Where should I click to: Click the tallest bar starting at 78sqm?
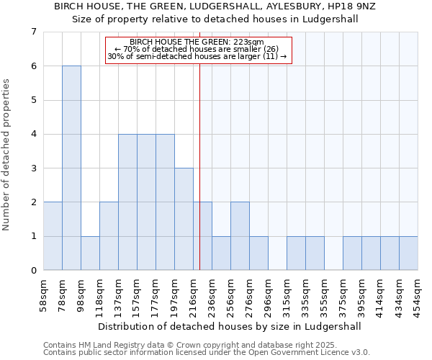pos(71,168)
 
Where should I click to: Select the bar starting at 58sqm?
pos(53,236)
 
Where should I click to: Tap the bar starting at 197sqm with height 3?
pos(184,219)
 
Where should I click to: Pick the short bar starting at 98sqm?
pos(90,253)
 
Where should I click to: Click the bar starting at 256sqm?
pos(240,236)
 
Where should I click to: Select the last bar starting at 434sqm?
pos(408,253)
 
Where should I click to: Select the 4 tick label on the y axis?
pos(33,135)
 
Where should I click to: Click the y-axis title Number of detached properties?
pos(6,156)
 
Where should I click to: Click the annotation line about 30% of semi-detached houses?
pos(197,56)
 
